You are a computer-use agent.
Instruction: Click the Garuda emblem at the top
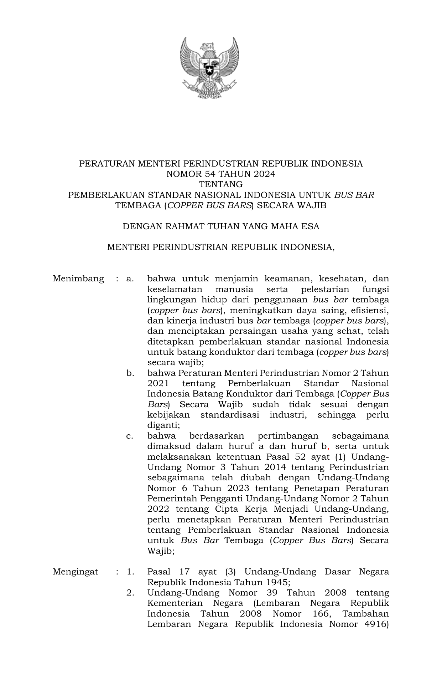(209, 68)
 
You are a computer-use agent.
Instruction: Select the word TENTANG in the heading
(221, 184)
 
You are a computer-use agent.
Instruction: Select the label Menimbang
(78, 278)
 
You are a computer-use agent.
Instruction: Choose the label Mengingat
(75, 572)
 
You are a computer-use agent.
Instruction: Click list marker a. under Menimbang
(130, 278)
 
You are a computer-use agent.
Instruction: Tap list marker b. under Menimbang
(130, 373)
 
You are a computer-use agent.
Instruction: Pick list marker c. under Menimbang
(130, 436)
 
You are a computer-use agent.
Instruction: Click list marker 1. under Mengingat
(130, 572)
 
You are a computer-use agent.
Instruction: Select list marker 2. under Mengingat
(130, 593)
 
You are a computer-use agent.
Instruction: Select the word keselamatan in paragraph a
(175, 289)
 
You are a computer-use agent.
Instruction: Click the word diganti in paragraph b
(162, 425)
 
